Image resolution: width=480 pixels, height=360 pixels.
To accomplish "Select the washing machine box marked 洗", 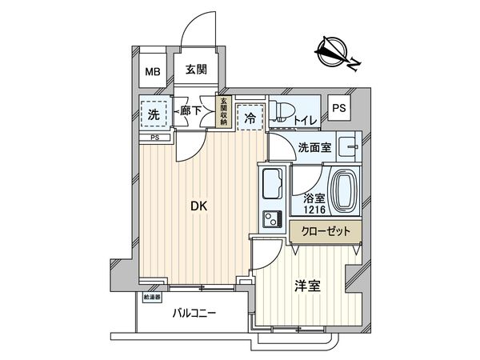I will click(152, 114).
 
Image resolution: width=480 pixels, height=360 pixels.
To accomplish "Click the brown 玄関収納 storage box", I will click(224, 111).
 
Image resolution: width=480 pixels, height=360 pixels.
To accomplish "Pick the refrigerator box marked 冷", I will click(250, 116).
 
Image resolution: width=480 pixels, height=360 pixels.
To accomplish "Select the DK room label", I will click(198, 206).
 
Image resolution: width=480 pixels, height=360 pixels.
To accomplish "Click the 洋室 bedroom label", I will click(308, 286).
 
